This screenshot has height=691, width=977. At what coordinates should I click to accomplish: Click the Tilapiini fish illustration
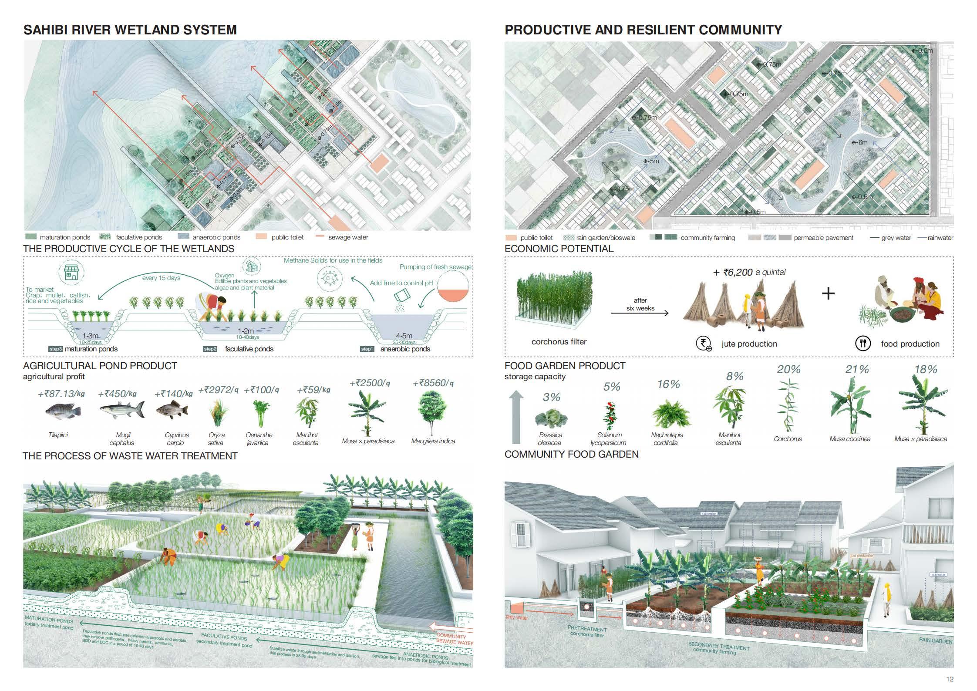63,411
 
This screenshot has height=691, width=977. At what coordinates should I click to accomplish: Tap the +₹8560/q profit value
433,384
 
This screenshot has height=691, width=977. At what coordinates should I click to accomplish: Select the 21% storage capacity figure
857,370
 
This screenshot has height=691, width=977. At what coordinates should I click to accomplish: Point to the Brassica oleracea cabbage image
551,418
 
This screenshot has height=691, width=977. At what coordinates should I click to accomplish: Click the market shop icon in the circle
71,273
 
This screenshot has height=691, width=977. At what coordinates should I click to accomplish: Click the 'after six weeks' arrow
640,313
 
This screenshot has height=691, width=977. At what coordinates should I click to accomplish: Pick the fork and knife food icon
862,344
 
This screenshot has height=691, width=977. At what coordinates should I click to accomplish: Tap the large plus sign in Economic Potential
828,293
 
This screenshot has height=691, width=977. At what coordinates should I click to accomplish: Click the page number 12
950,679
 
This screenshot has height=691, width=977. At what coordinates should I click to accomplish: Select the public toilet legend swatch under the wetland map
261,237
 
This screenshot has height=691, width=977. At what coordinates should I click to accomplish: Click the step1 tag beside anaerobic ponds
367,349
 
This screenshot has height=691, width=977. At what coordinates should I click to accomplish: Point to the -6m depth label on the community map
860,142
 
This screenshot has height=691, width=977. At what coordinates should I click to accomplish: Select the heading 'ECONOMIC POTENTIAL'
559,249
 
